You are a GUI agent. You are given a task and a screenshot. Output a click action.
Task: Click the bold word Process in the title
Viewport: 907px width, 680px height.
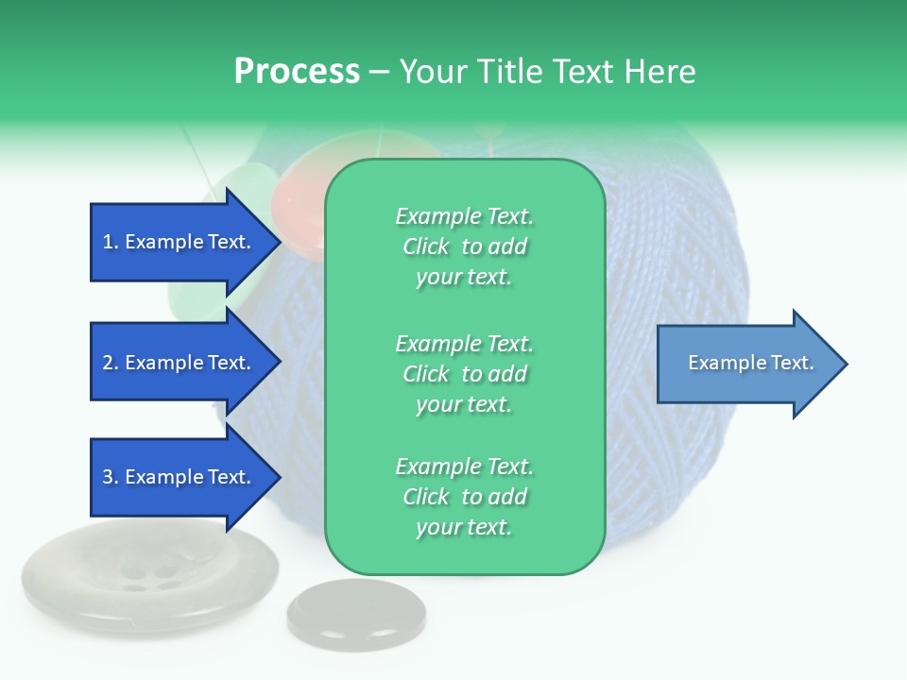coord(297,72)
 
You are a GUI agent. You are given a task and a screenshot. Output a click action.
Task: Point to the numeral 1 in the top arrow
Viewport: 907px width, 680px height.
coord(108,242)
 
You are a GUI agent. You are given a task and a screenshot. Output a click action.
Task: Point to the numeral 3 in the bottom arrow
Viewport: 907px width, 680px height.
coord(108,477)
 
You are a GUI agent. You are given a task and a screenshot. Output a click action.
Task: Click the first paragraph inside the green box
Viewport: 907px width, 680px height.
coord(464,246)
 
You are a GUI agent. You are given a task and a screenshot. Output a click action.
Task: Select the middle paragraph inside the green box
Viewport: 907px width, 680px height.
coord(464,374)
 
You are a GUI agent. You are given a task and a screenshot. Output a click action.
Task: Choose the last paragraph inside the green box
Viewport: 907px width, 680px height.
coord(464,497)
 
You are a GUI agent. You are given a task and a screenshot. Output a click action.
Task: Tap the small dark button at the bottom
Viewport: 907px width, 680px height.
coord(351,615)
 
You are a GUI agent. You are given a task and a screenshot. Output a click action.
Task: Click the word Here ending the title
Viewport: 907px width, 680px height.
coord(661,72)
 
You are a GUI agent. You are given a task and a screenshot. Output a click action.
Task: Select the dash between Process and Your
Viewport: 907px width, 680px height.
coord(379,73)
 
